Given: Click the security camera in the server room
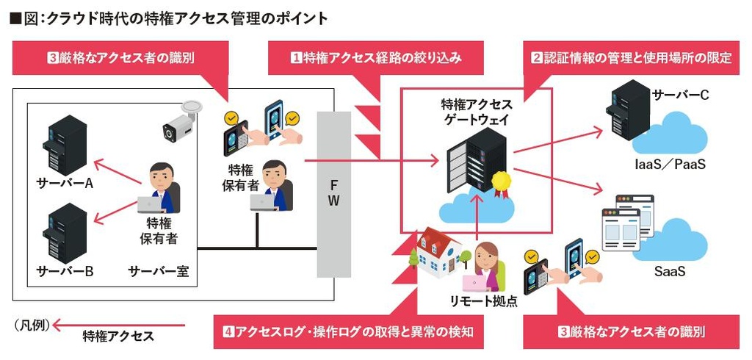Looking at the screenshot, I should pos(179,121).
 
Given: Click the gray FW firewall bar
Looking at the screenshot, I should pos(333,194).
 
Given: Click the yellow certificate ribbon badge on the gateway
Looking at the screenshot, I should pos(501,181).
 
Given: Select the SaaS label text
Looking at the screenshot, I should pos(669,272).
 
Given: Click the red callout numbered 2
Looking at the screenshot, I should pos(631,58).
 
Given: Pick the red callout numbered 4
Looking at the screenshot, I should pos(348,332).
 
